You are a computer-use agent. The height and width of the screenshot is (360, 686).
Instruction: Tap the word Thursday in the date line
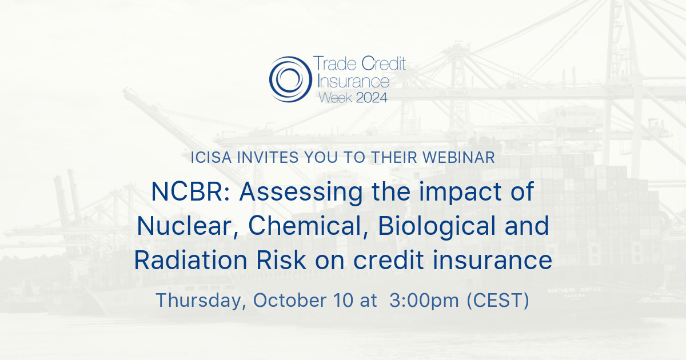click(200, 301)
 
